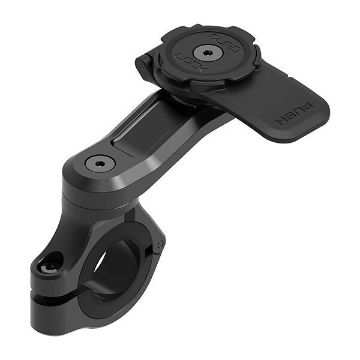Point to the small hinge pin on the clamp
pyautogui.click(x=161, y=245)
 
